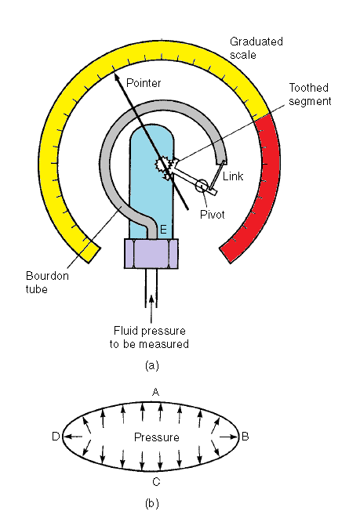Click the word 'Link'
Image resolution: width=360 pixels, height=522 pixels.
[233, 177]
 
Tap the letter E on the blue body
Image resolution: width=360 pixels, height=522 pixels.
[163, 229]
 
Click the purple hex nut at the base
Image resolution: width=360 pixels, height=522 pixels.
[152, 255]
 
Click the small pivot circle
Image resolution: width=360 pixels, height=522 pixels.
[202, 186]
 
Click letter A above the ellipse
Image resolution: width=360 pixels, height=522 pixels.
[155, 391]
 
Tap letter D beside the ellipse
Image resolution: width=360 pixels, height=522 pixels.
[56, 437]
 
